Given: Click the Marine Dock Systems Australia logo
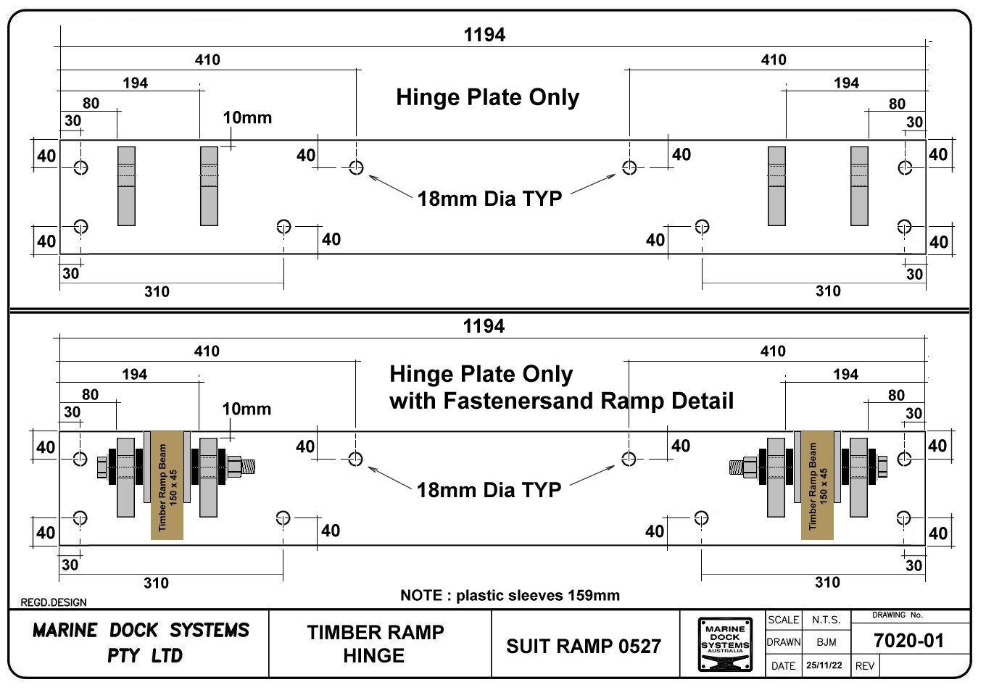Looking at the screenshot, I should [x=725, y=644].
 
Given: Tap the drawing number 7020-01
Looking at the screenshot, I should [x=909, y=641].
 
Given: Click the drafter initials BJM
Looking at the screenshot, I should [x=826, y=642].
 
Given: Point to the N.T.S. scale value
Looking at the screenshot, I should [x=826, y=620].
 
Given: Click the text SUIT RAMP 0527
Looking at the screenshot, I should [x=584, y=646].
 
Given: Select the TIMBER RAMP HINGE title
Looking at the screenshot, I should [x=375, y=644].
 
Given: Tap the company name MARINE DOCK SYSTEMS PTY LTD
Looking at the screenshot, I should [x=141, y=643].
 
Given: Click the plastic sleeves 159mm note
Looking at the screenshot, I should [x=510, y=596].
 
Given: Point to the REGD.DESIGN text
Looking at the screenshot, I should [x=54, y=602].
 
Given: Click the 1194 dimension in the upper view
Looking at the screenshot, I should [x=484, y=35].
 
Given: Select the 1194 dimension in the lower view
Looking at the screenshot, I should [x=484, y=327].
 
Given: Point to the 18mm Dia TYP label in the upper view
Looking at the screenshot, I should [x=489, y=199].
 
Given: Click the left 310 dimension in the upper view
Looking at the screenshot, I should [x=157, y=292].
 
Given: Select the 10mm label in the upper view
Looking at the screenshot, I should [x=246, y=117].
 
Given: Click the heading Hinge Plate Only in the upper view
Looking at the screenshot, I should [x=487, y=98].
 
